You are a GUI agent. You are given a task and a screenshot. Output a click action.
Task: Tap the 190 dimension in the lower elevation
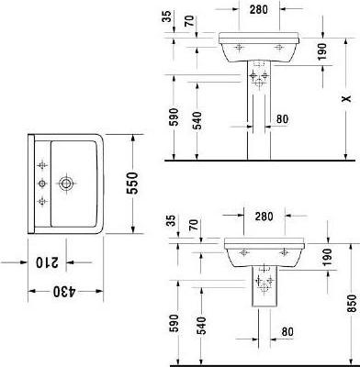[x=327, y=256]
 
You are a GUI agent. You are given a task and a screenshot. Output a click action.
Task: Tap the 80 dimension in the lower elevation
[x=287, y=330]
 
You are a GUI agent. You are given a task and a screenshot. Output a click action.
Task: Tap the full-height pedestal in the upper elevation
[x=257, y=124]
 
